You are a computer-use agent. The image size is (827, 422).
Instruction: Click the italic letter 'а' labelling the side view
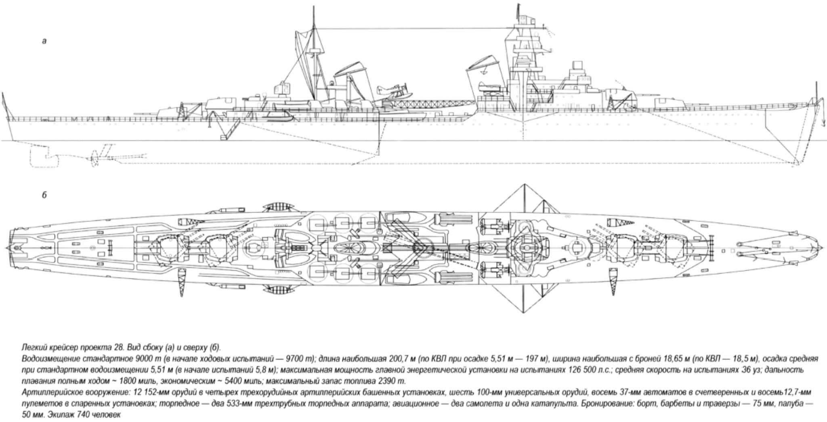point(45,41)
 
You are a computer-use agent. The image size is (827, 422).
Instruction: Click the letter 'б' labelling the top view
point(44,195)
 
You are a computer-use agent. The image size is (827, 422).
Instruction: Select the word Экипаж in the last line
point(60,414)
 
